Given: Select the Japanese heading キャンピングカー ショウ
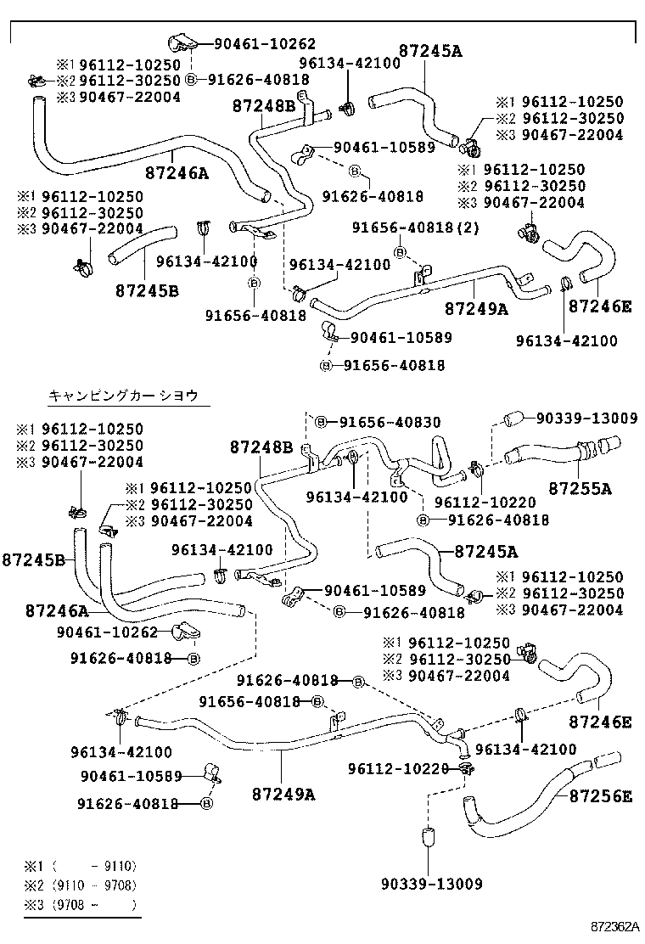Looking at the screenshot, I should (123, 396).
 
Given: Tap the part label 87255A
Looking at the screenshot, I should (580, 489).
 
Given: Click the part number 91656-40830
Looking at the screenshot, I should (378, 422).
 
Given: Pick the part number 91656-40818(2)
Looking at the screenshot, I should (417, 228).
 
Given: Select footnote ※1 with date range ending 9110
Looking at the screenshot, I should (81, 867).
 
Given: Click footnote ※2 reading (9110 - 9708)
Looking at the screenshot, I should (81, 886).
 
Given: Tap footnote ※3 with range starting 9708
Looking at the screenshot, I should (81, 906).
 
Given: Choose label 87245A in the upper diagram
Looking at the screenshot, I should (430, 51).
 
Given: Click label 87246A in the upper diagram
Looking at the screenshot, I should (177, 173).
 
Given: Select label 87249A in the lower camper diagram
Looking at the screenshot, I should (283, 795).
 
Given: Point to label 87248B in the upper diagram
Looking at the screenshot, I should (264, 106).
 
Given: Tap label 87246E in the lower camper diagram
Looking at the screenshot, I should (600, 722).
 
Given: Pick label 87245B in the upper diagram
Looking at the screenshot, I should (147, 290).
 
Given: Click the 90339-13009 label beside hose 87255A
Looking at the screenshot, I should (586, 418).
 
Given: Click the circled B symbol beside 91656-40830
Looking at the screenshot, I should (321, 422).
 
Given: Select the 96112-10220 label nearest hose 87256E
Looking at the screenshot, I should (398, 768).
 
